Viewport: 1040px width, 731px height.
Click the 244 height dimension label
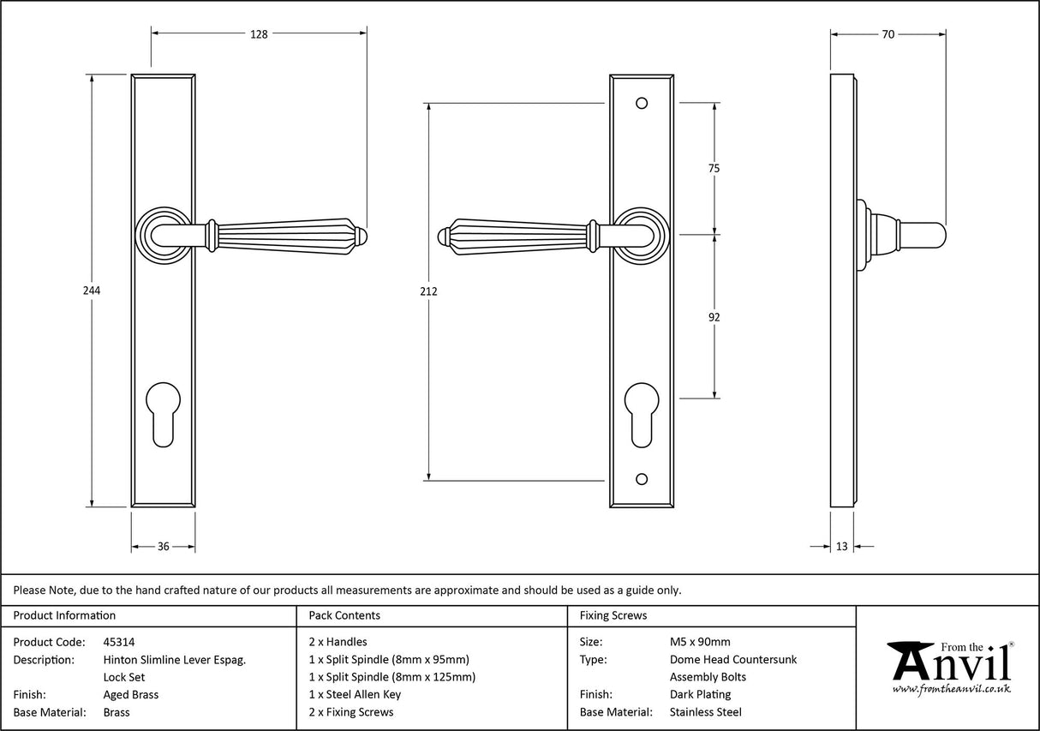click(x=92, y=291)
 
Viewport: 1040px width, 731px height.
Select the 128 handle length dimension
click(x=259, y=34)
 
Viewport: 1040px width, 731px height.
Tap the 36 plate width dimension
click(x=163, y=547)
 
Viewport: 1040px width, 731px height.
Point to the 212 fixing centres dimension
click(x=429, y=291)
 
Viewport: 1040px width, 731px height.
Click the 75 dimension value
click(x=714, y=169)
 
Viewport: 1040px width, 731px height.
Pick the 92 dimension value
click(x=714, y=317)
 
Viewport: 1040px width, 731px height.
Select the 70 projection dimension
click(x=888, y=34)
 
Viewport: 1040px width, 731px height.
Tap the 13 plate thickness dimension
click(x=841, y=547)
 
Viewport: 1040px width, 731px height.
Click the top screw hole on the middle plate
click(x=642, y=104)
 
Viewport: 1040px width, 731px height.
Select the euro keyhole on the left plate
click(x=163, y=415)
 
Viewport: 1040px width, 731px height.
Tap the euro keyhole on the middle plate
click(x=642, y=415)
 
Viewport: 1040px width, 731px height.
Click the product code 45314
click(x=118, y=641)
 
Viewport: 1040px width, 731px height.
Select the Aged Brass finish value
click(x=130, y=694)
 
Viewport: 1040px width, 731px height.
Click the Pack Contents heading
click(x=344, y=615)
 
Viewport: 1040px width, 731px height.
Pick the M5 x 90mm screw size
click(x=700, y=641)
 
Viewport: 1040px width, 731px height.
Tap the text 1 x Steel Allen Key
click(x=355, y=694)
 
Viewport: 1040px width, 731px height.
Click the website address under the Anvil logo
click(x=951, y=689)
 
